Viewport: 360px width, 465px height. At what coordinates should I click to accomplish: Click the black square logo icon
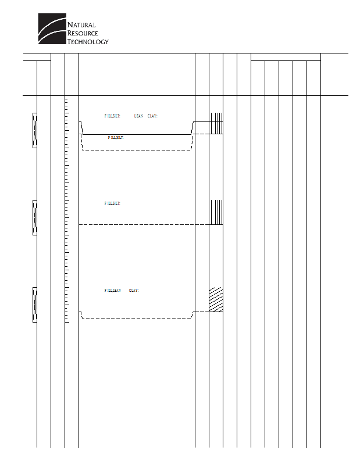[x=52, y=28]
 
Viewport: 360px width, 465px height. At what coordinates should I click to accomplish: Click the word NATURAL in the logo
[x=81, y=25]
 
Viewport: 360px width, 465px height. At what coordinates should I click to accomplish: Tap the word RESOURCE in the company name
[x=81, y=33]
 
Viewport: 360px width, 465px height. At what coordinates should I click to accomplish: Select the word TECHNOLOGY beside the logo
[x=88, y=41]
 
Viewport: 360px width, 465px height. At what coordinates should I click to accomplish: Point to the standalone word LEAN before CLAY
[x=138, y=116]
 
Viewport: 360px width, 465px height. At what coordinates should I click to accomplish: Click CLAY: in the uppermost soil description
[x=152, y=116]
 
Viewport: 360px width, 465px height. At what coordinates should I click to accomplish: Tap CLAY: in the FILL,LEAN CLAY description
[x=134, y=290]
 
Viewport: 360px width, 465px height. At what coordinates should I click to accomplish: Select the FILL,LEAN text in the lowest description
[x=112, y=290]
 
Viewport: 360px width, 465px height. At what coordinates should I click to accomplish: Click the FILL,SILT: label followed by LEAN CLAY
[x=112, y=116]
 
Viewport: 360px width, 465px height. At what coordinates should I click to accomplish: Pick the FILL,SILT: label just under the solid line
[x=116, y=138]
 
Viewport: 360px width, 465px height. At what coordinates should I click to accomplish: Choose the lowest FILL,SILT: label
[x=112, y=203]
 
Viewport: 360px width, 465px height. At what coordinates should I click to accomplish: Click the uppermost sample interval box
[x=35, y=130]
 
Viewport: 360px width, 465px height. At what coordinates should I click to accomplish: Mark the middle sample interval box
[x=35, y=217]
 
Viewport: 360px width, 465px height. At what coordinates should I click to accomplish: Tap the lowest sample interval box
[x=35, y=304]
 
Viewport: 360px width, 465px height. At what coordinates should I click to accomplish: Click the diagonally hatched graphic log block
[x=216, y=299]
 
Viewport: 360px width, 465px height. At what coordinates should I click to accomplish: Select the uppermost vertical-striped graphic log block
[x=216, y=123]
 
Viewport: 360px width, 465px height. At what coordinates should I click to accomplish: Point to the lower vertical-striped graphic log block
[x=216, y=212]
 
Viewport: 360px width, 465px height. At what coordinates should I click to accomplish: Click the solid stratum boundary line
[x=137, y=134]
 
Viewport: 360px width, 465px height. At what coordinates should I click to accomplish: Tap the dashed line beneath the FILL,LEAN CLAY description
[x=137, y=319]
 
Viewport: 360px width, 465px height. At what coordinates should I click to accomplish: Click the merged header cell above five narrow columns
[x=286, y=56]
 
